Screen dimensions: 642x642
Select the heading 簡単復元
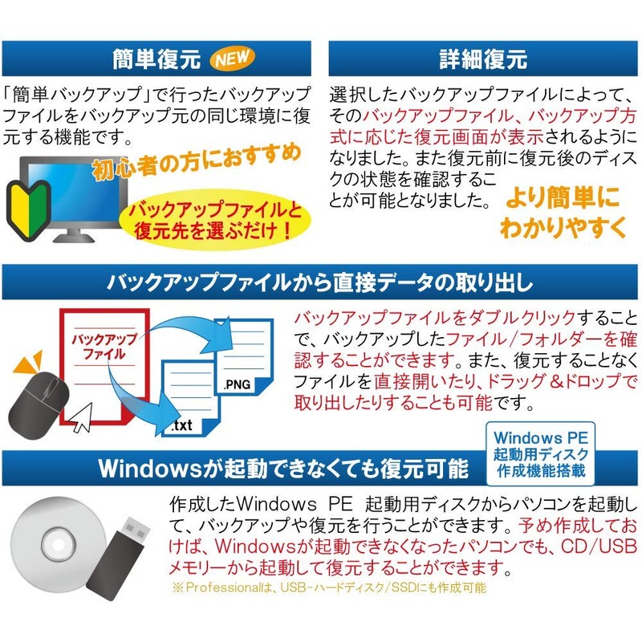coord(156,59)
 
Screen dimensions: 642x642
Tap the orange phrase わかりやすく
coord(563,227)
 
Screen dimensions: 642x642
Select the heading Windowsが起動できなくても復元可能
coord(280,468)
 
